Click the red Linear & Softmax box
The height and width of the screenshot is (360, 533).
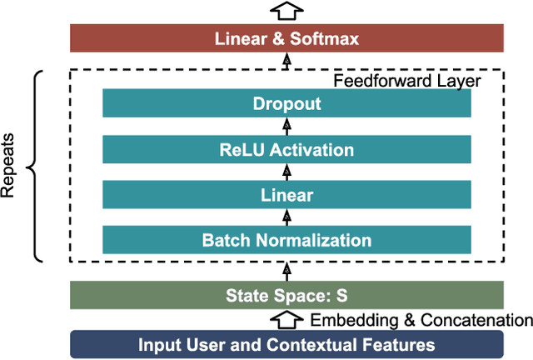coord(286,38)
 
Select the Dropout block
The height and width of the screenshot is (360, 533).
coord(286,104)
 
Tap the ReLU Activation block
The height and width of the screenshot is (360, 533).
coord(286,150)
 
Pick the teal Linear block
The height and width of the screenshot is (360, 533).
coord(286,195)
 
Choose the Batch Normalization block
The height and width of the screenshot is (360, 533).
coord(286,240)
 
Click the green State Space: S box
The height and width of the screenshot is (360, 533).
coord(286,295)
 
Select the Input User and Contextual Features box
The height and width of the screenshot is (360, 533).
coord(286,344)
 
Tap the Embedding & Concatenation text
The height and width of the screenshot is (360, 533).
coord(421,320)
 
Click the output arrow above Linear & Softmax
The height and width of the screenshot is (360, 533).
coord(287,11)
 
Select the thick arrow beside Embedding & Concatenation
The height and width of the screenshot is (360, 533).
coord(287,319)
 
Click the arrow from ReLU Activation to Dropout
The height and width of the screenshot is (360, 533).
coord(287,127)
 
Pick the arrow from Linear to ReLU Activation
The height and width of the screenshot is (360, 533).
coord(287,172)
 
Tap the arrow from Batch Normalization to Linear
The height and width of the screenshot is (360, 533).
coord(287,217)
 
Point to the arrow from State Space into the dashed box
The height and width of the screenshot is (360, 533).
coord(287,270)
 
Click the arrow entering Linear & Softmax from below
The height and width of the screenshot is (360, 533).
coord(287,60)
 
